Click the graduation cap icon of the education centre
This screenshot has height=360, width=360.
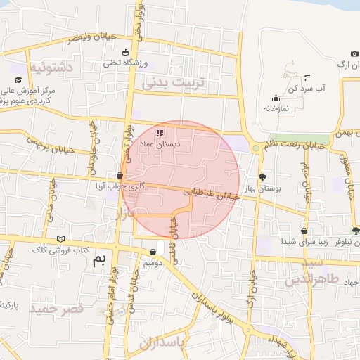click(19, 82)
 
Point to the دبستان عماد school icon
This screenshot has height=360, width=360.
click(160, 132)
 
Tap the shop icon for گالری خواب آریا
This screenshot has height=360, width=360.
click(121, 176)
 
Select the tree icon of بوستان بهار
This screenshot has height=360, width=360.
click(263, 177)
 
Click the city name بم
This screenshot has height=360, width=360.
click(101, 261)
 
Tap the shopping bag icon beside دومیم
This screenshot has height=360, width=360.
click(153, 252)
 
